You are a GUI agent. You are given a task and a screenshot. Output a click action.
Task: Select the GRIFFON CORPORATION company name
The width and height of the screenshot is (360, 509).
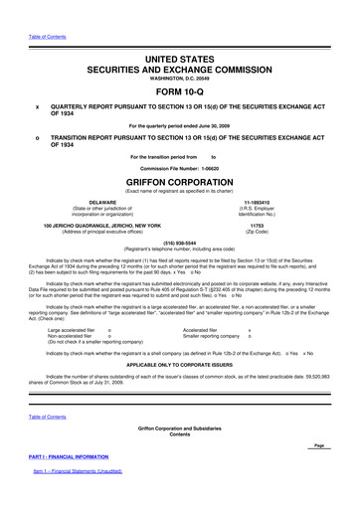tap(179, 183)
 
